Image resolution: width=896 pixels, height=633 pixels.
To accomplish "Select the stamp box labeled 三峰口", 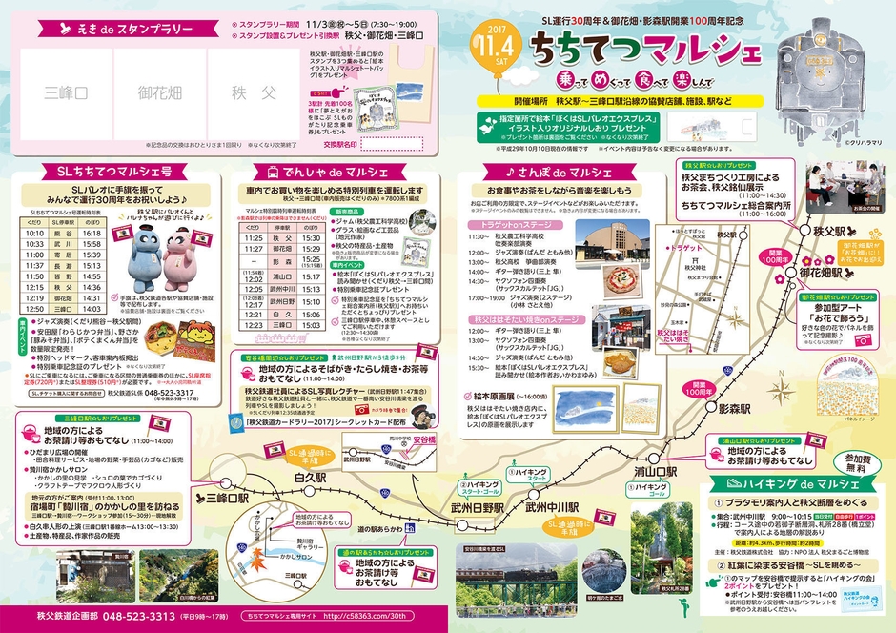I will click(67, 92).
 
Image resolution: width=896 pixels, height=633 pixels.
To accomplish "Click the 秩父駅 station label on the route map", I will click(817, 232).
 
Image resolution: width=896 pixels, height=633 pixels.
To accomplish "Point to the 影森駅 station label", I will click(735, 408).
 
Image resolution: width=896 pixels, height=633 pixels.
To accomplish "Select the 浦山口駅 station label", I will click(656, 471).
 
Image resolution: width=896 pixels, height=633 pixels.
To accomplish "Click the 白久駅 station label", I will click(311, 476).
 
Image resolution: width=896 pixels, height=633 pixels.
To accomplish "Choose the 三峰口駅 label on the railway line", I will click(226, 498).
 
